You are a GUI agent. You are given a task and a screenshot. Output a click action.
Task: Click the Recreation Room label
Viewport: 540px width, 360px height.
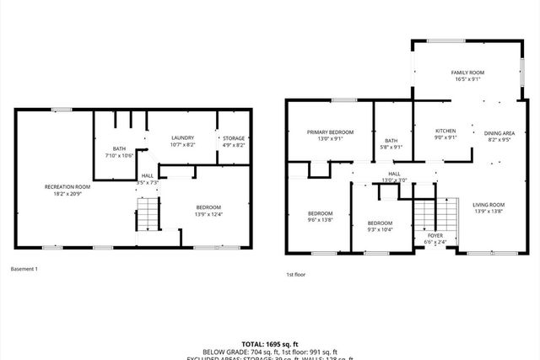(67, 186)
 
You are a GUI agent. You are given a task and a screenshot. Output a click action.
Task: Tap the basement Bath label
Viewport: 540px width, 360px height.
(119, 148)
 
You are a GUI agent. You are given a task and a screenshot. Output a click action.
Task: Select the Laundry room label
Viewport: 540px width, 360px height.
(182, 137)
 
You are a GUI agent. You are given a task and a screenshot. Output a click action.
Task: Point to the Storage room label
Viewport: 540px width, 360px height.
(233, 137)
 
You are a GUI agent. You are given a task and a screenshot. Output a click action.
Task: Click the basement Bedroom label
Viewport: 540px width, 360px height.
(208, 207)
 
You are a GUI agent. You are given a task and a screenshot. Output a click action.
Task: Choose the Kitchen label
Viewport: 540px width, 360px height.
(445, 131)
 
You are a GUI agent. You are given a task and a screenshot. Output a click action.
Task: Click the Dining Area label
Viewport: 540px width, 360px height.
(497, 132)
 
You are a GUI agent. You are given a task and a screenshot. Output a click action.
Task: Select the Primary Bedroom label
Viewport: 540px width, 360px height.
(330, 132)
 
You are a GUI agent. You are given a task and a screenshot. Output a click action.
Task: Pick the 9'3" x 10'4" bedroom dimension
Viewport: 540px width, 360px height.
(381, 229)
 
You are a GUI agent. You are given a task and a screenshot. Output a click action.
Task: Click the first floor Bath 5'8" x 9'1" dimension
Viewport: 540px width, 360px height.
(391, 147)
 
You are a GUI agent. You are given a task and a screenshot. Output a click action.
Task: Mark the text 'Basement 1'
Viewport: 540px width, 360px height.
(24, 269)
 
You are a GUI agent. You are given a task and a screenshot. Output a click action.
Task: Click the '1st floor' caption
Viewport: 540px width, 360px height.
(294, 275)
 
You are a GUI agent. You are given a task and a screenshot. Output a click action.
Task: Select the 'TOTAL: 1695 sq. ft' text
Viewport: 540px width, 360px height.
(270, 343)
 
